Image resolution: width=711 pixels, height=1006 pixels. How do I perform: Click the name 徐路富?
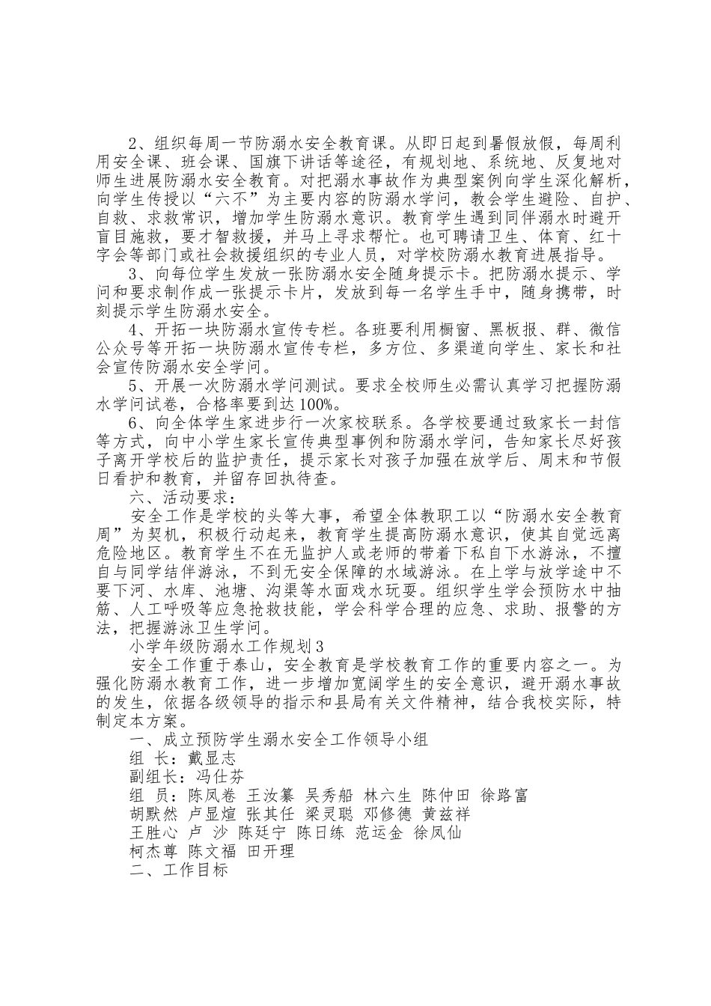point(504,794)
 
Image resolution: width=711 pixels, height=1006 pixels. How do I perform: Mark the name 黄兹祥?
point(446,814)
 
